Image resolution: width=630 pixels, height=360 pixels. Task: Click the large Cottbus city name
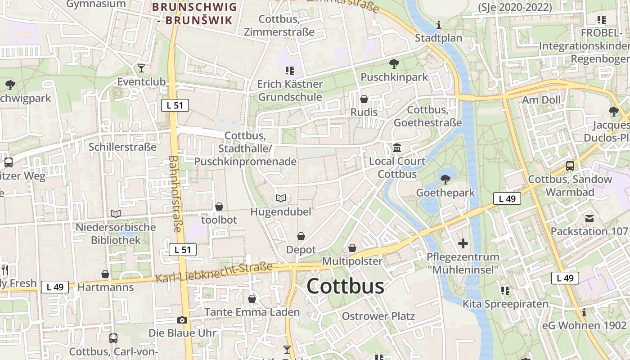pos(346,286)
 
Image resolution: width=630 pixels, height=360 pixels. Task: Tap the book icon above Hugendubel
pos(281,198)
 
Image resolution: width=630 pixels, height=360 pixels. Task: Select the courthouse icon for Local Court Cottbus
pos(397,148)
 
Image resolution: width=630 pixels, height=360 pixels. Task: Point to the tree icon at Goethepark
pos(445,180)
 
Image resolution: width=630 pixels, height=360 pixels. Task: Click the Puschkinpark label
pos(394,77)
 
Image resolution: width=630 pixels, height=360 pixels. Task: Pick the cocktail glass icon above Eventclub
pos(141,68)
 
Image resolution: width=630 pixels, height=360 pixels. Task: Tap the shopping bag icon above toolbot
pos(219,207)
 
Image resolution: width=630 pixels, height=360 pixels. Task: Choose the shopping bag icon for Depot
pos(301,236)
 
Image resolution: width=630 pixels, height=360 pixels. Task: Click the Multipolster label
pos(352,261)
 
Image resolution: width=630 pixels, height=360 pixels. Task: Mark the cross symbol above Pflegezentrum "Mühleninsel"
pos(463,244)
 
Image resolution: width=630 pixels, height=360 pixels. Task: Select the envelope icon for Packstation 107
pos(589,219)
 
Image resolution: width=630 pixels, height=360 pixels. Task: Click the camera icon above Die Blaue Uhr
pos(182,320)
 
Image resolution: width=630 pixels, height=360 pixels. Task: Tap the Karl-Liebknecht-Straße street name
pos(214,273)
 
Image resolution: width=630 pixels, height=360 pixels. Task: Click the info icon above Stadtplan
pos(439,25)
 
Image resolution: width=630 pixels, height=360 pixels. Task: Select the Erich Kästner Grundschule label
pos(290,90)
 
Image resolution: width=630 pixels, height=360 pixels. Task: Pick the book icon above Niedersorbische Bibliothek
pos(116,214)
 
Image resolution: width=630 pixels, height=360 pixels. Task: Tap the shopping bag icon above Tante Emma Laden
pos(252,299)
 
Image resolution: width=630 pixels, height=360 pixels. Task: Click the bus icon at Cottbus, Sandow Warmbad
pos(570,166)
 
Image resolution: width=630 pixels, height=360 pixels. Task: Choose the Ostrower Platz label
pos(378,316)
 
